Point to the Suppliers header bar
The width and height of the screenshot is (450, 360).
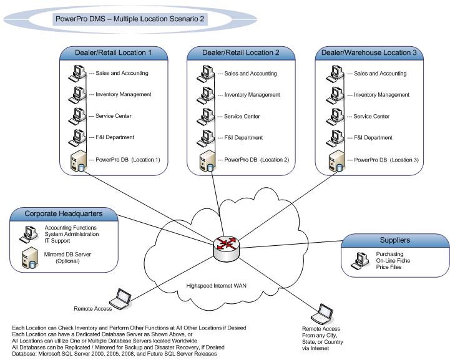click(x=395, y=240)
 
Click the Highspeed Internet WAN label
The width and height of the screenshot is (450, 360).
click(x=214, y=286)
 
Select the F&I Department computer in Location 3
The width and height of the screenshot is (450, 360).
click(x=333, y=137)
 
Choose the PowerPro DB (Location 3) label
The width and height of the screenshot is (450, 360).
click(x=385, y=160)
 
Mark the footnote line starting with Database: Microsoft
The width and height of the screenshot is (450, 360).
click(x=115, y=354)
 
